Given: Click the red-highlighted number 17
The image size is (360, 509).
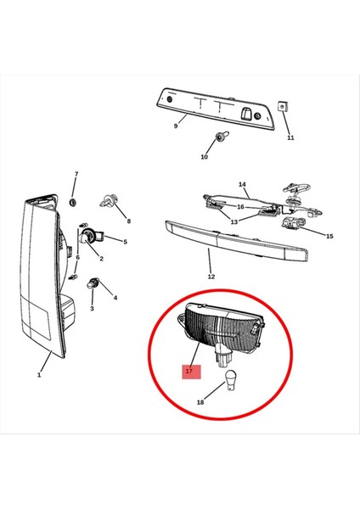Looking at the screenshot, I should pyautogui.click(x=188, y=371).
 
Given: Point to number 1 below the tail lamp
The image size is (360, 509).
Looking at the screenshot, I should pyautogui.click(x=39, y=373).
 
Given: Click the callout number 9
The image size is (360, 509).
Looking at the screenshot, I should pyautogui.click(x=176, y=126).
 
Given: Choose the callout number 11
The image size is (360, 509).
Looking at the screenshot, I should pyautogui.click(x=290, y=137).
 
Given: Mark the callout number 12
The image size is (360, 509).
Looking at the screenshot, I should pyautogui.click(x=211, y=276).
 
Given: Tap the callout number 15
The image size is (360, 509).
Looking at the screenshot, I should pyautogui.click(x=330, y=236).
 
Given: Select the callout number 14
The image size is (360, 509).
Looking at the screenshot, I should pyautogui.click(x=242, y=184).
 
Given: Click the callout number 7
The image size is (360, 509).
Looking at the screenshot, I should pyautogui.click(x=76, y=175).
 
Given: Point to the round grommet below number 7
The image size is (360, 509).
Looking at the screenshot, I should pyautogui.click(x=73, y=203).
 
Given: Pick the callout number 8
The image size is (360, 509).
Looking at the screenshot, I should pyautogui.click(x=129, y=221).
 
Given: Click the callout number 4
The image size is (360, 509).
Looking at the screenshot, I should pyautogui.click(x=115, y=298).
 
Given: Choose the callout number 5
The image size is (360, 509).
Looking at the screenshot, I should pyautogui.click(x=125, y=242).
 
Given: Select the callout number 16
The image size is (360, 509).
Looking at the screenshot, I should pyautogui.click(x=240, y=206).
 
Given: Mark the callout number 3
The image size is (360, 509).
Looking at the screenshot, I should pyautogui.click(x=93, y=308).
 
